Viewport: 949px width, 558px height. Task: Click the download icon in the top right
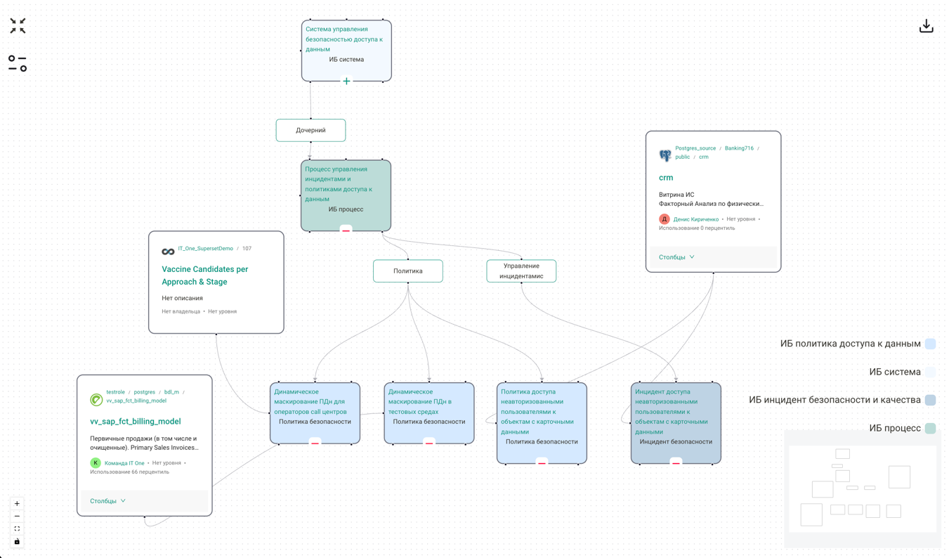tap(926, 26)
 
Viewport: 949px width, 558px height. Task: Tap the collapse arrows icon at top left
tap(18, 26)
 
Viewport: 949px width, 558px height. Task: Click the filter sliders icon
tap(18, 63)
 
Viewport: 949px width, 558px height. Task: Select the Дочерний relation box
tap(310, 130)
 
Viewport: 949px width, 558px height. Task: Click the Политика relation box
tap(407, 271)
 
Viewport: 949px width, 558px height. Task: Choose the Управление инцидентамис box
tap(521, 271)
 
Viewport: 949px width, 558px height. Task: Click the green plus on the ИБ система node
tap(346, 81)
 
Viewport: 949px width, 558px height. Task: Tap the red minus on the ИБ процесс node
tap(346, 230)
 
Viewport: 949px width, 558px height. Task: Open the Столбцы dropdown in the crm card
tap(676, 257)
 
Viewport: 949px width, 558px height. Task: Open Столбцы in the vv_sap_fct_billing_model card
tap(107, 501)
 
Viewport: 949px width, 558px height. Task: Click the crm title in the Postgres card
tap(666, 178)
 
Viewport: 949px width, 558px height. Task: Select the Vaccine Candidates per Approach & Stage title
tap(204, 275)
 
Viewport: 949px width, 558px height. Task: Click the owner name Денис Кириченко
tap(695, 219)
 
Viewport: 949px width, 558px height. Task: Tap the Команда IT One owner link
tap(124, 463)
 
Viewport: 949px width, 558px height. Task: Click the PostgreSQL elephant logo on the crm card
tap(665, 155)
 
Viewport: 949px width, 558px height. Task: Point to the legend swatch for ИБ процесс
tap(930, 428)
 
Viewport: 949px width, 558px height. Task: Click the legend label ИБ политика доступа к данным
tap(850, 344)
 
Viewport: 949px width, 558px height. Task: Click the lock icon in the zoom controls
tap(17, 541)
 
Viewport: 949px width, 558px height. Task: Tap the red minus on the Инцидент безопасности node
tap(676, 462)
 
